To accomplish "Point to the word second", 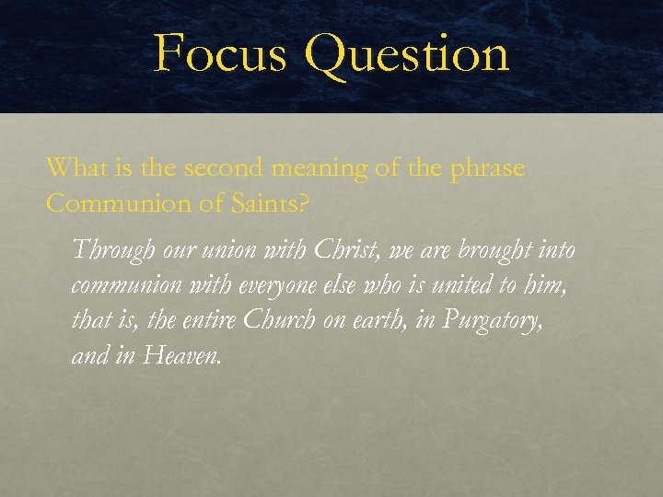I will click(x=224, y=168).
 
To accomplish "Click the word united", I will click(x=454, y=285).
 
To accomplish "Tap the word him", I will click(x=543, y=285).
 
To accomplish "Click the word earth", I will click(x=386, y=320).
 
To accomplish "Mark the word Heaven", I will click(x=182, y=355).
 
